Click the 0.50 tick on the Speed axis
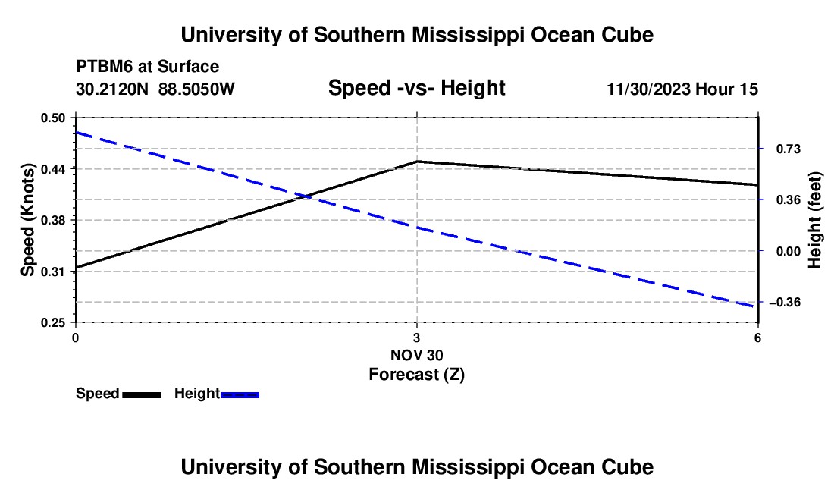(x=52, y=118)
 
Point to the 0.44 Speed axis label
(x=52, y=169)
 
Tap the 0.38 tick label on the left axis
(x=52, y=220)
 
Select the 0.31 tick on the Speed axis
(x=52, y=272)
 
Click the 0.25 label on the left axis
(x=52, y=323)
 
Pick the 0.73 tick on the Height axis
(x=788, y=149)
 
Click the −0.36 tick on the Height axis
(x=785, y=303)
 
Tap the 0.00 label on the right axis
(x=788, y=252)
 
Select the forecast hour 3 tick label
(x=416, y=338)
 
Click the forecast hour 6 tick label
(x=757, y=338)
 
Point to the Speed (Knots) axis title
(x=27, y=220)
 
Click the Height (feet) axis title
(x=814, y=220)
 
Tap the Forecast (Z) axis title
(x=416, y=375)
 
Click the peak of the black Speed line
(x=417, y=161)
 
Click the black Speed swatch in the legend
(x=142, y=394)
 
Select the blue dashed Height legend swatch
(x=240, y=394)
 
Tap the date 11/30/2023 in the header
(x=649, y=89)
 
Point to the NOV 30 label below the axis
(x=416, y=355)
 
